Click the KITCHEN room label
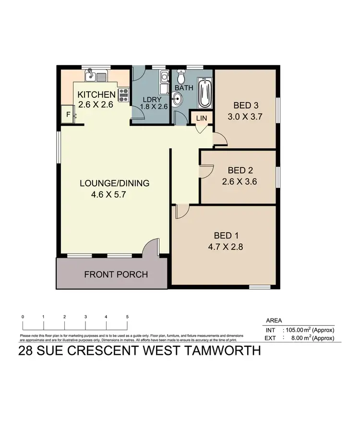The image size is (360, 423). coord(96,94)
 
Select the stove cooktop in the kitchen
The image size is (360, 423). coord(123,94)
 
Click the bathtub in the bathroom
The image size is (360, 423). coord(205,93)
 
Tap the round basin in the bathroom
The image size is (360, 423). coord(177,99)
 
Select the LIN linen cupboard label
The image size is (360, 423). coord(201,117)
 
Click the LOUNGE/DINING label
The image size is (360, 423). coord(114,183)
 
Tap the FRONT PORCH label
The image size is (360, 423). coord(116,275)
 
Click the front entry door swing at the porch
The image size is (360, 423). coord(152,247)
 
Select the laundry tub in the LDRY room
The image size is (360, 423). coord(164,76)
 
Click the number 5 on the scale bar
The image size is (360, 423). coord(127,317)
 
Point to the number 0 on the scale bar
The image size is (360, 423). coord(23,317)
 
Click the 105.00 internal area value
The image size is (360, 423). coord(299,330)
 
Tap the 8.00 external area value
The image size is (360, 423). coord(295,338)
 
